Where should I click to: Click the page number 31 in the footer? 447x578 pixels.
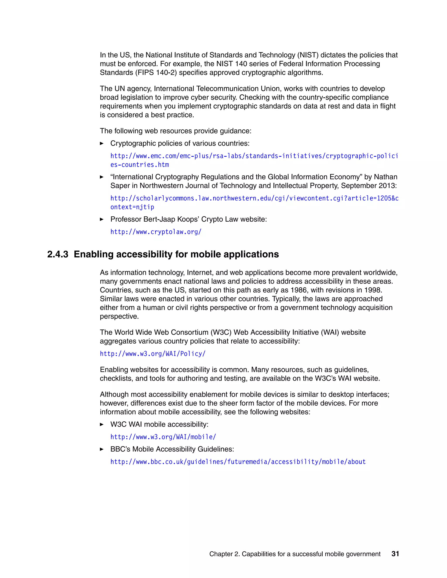395,554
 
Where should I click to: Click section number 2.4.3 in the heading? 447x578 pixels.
58,254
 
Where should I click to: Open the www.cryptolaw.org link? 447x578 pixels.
156,232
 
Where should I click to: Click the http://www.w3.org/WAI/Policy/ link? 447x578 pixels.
153,354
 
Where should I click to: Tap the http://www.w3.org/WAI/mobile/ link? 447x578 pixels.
163,437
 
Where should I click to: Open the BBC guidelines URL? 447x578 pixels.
238,462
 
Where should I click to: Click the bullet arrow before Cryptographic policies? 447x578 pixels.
102,144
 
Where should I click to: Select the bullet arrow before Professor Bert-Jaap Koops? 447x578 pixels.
102,219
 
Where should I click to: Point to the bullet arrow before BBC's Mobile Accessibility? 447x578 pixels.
102,449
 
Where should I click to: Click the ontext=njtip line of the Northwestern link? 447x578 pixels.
132,207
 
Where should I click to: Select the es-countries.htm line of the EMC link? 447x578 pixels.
139,165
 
